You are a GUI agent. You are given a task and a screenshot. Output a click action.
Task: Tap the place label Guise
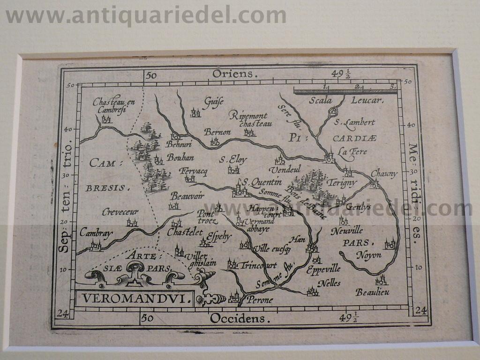[x=213, y=101]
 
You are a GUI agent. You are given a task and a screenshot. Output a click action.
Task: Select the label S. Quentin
[x=261, y=182]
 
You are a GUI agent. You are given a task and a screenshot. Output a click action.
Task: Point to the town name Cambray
[x=96, y=232]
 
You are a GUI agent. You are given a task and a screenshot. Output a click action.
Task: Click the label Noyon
[x=369, y=255]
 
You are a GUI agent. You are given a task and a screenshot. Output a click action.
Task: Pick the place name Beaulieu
[x=372, y=292]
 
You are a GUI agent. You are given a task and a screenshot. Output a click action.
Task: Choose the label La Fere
[x=352, y=152]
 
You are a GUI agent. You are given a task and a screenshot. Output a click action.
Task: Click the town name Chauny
[x=384, y=173]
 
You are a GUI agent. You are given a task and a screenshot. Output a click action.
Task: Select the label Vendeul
[x=285, y=169]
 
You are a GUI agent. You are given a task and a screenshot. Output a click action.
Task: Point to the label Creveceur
[x=120, y=212]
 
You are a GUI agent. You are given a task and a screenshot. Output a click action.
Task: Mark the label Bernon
[x=217, y=132]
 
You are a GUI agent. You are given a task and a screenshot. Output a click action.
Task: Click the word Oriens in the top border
[x=235, y=74]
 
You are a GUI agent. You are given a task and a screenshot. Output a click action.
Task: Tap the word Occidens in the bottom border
[x=240, y=319]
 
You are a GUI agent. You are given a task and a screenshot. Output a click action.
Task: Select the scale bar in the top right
[x=345, y=91]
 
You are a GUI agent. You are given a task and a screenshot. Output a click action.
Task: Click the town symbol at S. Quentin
[x=240, y=191]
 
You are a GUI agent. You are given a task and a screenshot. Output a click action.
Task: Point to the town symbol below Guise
[x=195, y=112]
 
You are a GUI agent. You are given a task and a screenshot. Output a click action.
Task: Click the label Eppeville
[x=323, y=269]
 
